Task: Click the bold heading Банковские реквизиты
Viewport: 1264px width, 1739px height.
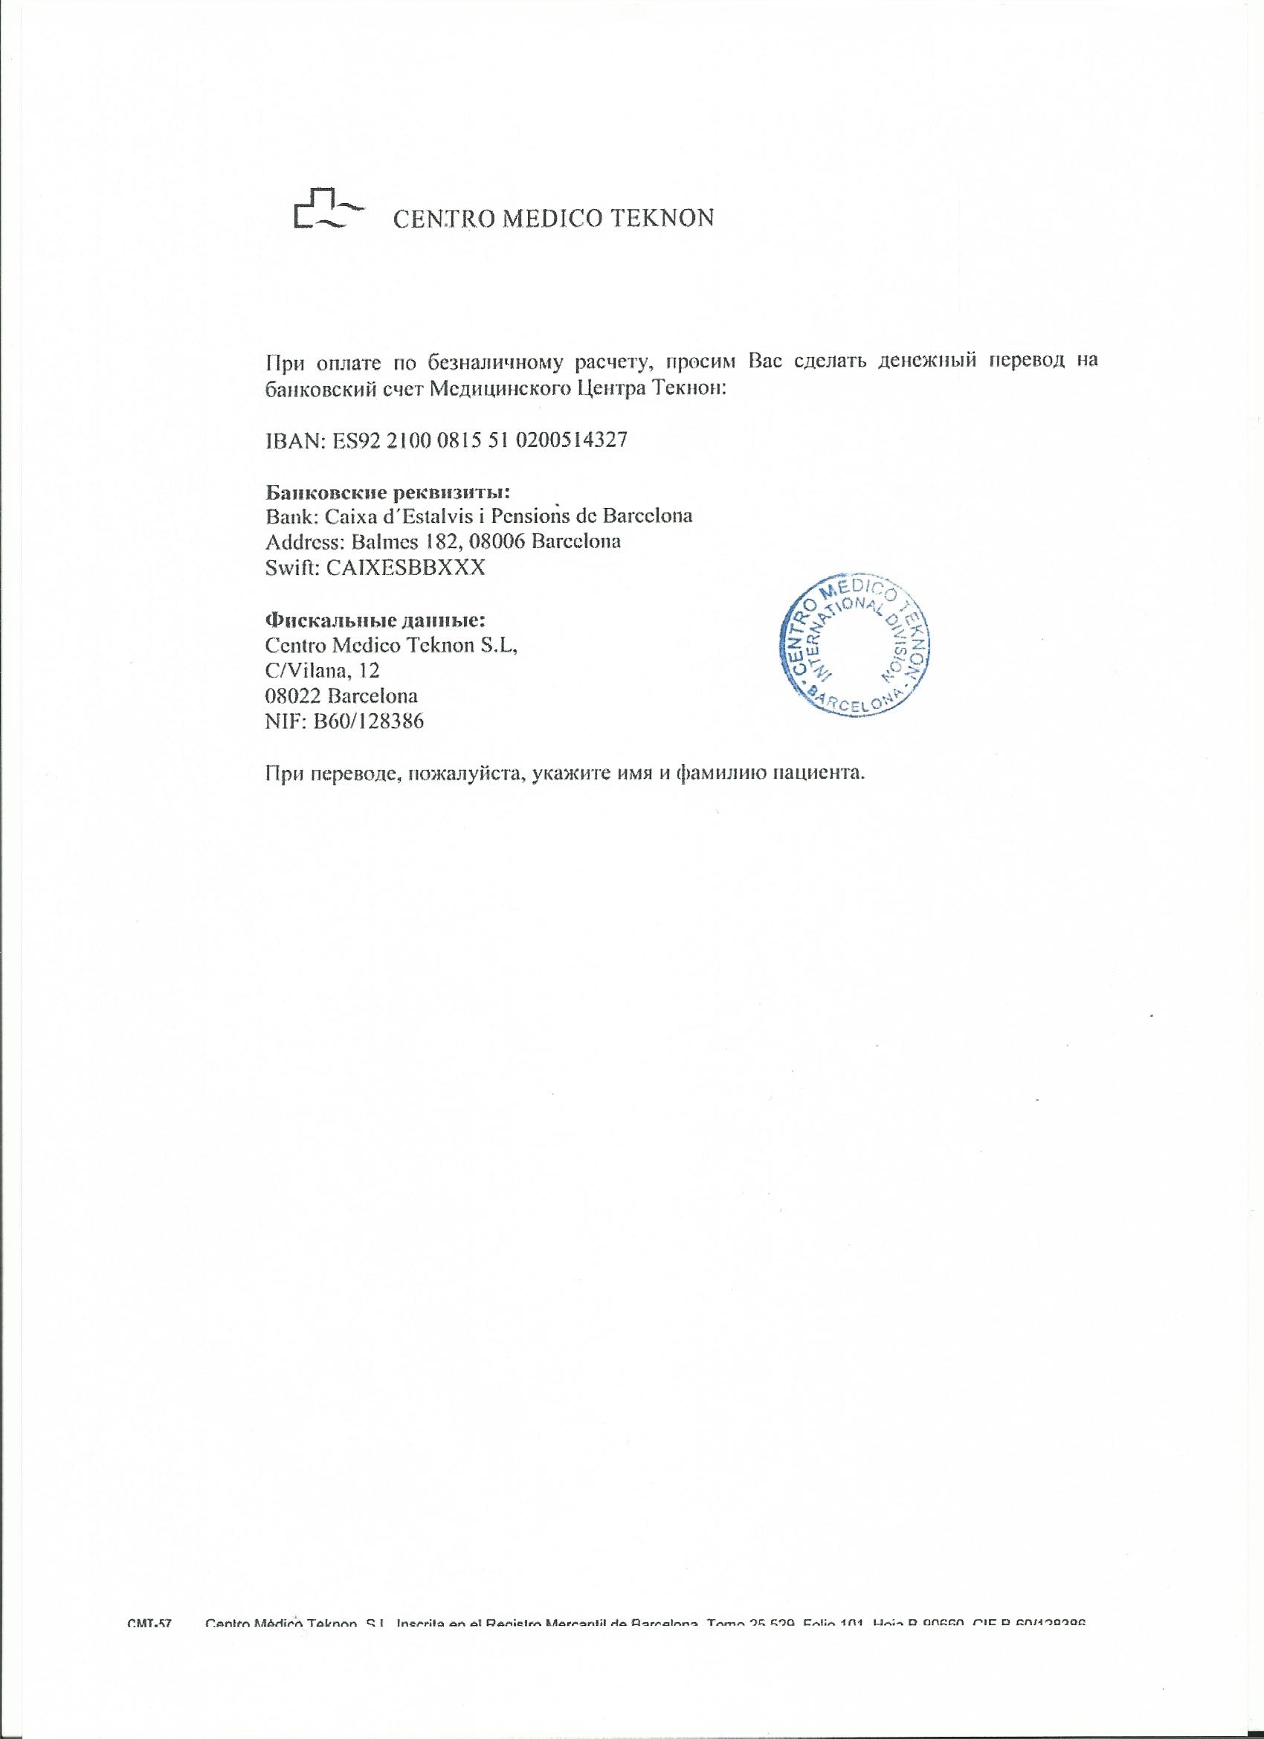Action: pos(388,491)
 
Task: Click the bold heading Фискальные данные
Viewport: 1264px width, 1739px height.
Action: pos(375,619)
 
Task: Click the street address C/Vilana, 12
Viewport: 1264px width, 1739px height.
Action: pos(322,671)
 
